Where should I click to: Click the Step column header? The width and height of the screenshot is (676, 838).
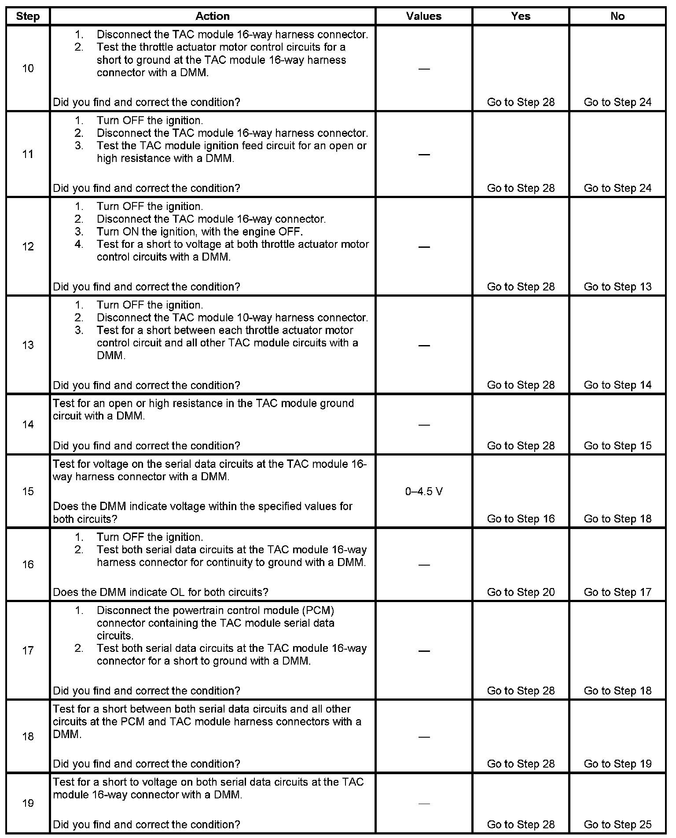pyautogui.click(x=28, y=16)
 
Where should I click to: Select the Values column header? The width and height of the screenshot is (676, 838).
pyautogui.click(x=423, y=16)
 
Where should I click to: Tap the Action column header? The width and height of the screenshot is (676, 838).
pyautogui.click(x=213, y=16)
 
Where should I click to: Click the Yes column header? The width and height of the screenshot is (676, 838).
pyautogui.click(x=521, y=16)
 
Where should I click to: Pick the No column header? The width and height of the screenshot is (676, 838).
pyautogui.click(x=617, y=16)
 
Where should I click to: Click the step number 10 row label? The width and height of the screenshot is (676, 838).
pyautogui.click(x=28, y=68)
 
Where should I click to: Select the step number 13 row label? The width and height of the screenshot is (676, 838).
pyautogui.click(x=28, y=345)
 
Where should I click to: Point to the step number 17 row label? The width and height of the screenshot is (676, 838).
pyautogui.click(x=28, y=651)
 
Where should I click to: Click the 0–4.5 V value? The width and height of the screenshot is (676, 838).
pyautogui.click(x=423, y=491)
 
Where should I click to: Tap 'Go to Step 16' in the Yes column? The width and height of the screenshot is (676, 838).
pyautogui.click(x=521, y=519)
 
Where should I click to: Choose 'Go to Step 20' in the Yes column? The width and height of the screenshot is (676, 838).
pyautogui.click(x=521, y=592)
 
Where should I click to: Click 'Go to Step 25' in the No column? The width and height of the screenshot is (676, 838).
pyautogui.click(x=617, y=824)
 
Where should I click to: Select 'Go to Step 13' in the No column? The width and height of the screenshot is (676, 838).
pyautogui.click(x=617, y=287)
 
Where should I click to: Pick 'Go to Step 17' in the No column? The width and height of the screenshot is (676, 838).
pyautogui.click(x=617, y=592)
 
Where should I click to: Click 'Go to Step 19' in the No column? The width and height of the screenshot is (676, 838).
pyautogui.click(x=617, y=764)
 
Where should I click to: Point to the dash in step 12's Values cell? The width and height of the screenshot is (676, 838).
pyautogui.click(x=424, y=247)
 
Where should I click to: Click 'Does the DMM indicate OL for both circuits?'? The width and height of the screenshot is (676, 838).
pyautogui.click(x=160, y=592)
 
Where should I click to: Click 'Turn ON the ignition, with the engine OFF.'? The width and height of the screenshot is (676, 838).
pyautogui.click(x=200, y=232)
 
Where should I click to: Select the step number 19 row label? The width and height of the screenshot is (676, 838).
pyautogui.click(x=28, y=803)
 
